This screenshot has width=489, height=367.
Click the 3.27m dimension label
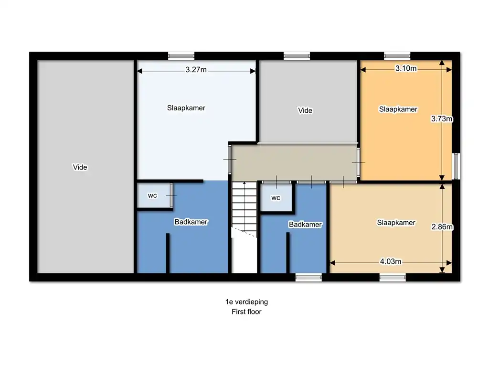tap(196, 70)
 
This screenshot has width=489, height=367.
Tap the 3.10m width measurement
tap(406, 68)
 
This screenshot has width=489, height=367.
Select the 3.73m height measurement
tap(442, 119)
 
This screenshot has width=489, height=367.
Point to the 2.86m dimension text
tap(442, 227)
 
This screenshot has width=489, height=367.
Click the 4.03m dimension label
tap(391, 261)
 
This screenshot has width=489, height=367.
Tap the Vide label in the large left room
tap(80, 167)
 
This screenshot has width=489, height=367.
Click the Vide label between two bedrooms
tap(305, 110)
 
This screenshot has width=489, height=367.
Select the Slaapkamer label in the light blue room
tap(186, 108)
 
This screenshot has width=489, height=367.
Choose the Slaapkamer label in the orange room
tap(398, 109)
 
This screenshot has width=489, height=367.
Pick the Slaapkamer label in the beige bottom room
tap(396, 223)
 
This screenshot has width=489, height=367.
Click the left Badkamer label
tap(191, 222)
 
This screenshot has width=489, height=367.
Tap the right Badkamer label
tap(305, 225)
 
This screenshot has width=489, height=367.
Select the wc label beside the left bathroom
tap(152, 195)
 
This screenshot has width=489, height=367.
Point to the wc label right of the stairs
tap(276, 198)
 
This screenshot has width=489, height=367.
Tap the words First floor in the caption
tap(246, 312)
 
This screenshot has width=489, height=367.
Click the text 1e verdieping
tap(246, 302)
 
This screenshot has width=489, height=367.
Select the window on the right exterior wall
tap(456, 166)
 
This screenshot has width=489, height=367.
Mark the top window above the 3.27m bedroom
tap(181, 56)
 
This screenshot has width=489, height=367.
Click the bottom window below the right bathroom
tap(308, 277)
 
